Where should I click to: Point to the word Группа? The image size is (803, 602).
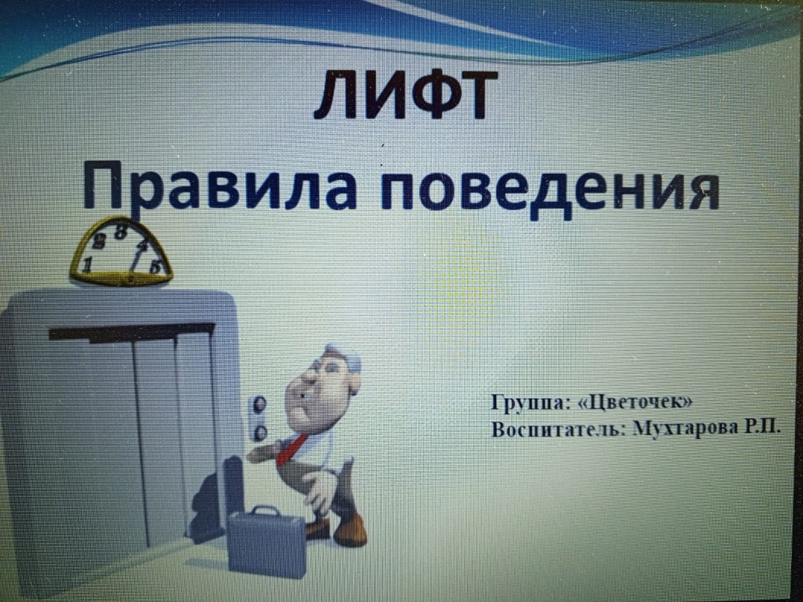(x=531, y=403)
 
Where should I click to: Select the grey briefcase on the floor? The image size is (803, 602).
(x=267, y=542)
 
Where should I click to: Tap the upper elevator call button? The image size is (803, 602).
(x=260, y=404)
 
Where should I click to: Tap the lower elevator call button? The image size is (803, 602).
(x=260, y=433)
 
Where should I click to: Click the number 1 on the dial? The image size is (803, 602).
(x=87, y=265)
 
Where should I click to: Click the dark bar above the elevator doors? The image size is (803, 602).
(x=132, y=332)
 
